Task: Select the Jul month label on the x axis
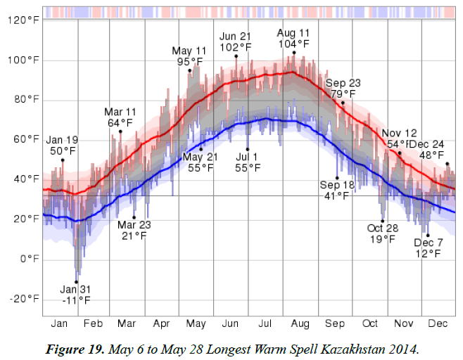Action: point(265,323)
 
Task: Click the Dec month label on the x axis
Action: point(438,323)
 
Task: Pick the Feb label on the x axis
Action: point(93,323)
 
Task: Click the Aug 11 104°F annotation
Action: point(293,38)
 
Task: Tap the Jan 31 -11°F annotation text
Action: point(75,295)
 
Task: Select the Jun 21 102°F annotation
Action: point(236,42)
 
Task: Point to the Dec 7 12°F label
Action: point(429,247)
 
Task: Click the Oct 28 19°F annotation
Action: point(383,233)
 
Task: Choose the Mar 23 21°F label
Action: point(134,230)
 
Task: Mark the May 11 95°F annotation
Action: point(189,56)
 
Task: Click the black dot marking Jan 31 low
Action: point(76,282)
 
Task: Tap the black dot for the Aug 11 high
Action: point(293,53)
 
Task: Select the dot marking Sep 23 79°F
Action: point(343,103)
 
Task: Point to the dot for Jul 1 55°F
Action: point(248,149)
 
